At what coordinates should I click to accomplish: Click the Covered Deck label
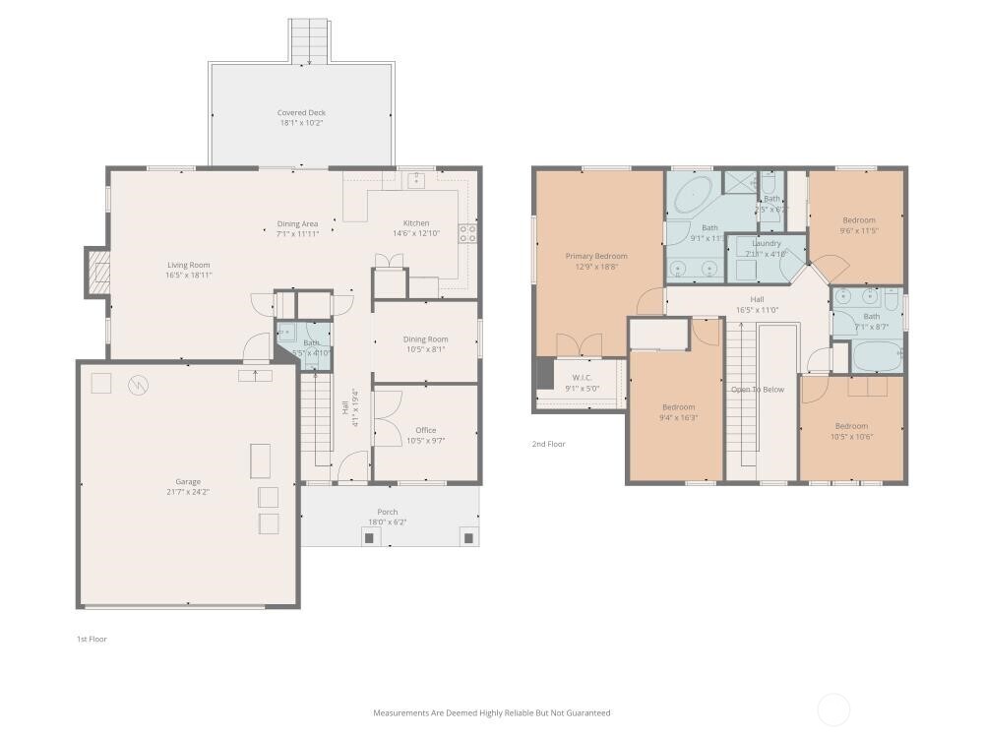click(300, 113)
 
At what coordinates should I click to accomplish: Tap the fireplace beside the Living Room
click(97, 272)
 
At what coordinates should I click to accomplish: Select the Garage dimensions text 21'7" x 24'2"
click(188, 492)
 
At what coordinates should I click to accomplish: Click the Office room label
click(425, 430)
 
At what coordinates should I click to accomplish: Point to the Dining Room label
click(425, 339)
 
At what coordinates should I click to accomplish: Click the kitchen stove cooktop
click(467, 234)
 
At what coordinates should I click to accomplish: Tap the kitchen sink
click(417, 179)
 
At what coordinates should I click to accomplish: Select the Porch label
click(388, 512)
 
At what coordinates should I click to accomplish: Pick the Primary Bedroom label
click(595, 256)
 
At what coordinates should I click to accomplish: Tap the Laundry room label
click(766, 243)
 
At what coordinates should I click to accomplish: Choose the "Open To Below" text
click(757, 390)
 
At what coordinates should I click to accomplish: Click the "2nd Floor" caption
click(548, 444)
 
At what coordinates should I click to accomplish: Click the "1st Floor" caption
click(92, 639)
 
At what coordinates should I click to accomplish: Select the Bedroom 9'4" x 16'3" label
click(677, 407)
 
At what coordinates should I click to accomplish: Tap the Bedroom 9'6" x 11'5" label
click(858, 220)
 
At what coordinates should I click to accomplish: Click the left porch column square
click(370, 537)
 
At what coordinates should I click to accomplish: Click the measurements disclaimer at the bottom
click(491, 712)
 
